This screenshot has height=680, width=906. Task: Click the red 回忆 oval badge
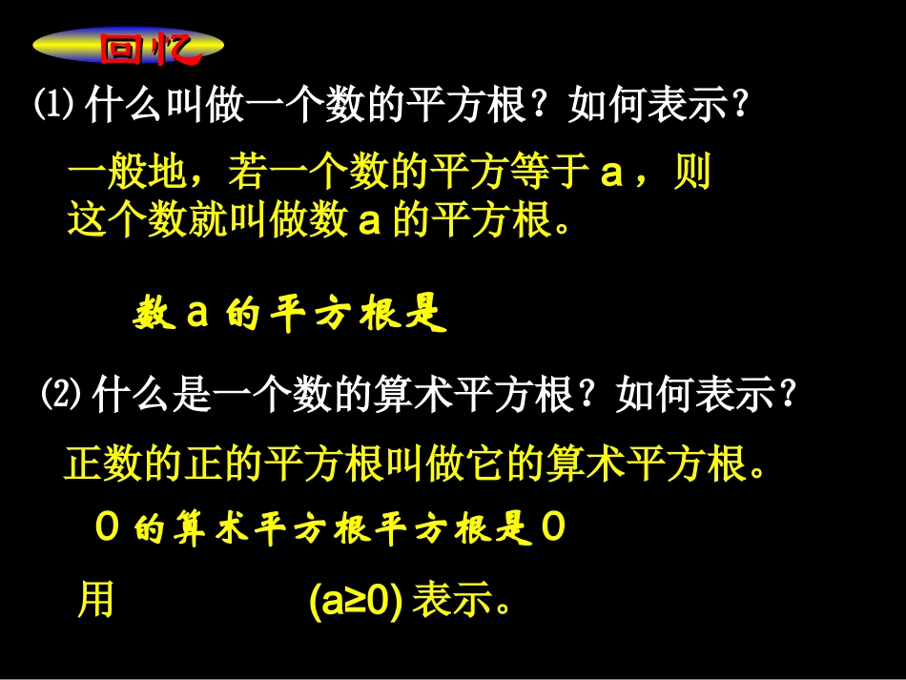tap(128, 47)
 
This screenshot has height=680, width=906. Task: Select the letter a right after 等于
tap(611, 175)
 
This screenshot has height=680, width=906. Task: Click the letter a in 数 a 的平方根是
tap(196, 315)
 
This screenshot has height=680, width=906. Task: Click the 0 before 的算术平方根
tap(107, 530)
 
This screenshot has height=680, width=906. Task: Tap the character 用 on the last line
tap(95, 601)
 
